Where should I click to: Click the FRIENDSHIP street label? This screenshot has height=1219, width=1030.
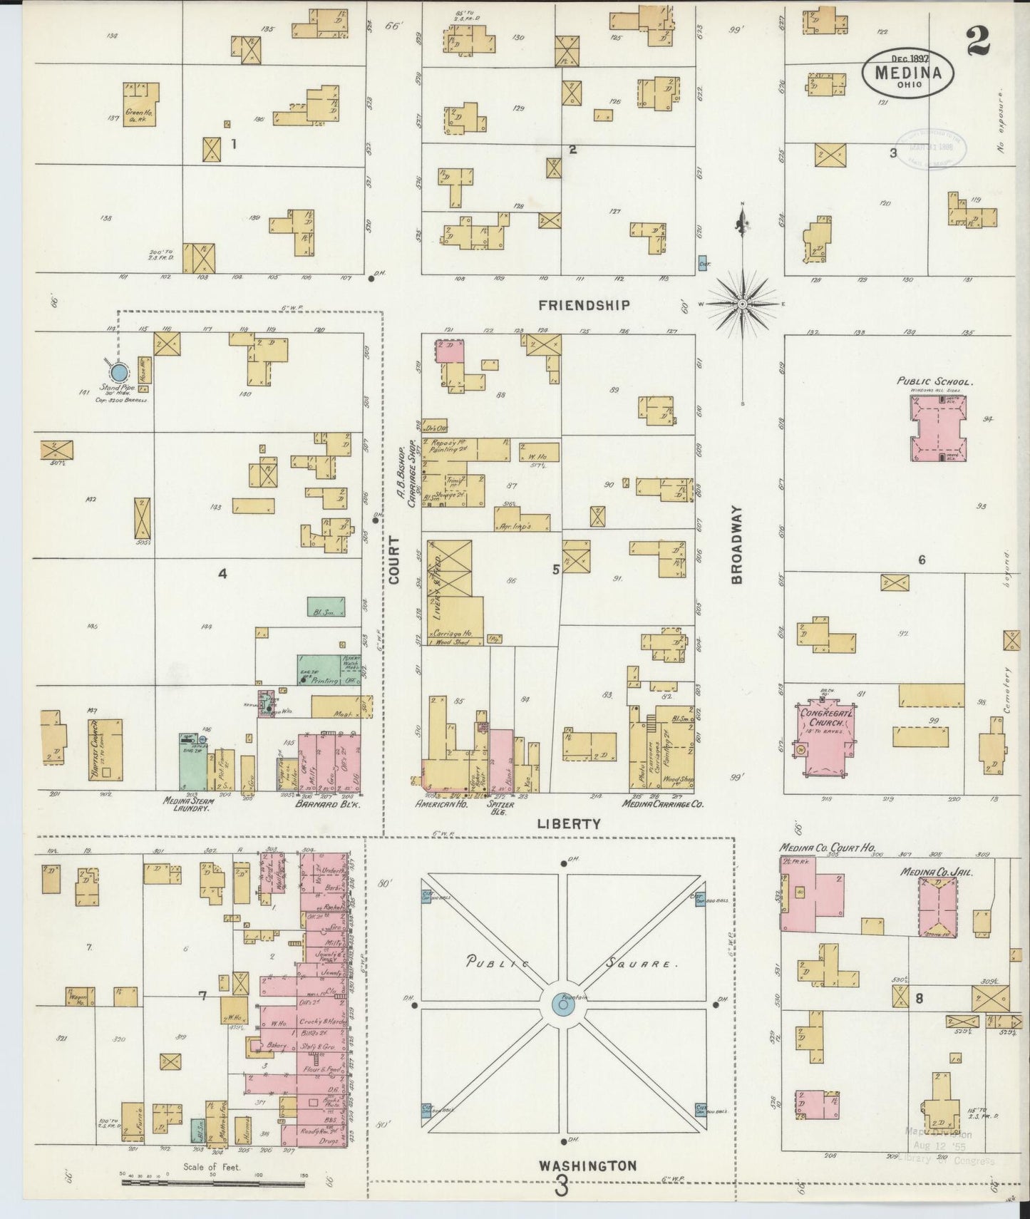click(584, 305)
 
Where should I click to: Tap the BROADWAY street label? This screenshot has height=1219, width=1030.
click(737, 545)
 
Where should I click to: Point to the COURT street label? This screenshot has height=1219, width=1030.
click(394, 560)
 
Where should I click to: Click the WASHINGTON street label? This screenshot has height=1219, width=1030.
click(587, 1166)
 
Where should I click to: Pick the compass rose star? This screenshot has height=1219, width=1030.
click(742, 304)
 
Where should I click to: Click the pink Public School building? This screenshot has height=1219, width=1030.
click(939, 428)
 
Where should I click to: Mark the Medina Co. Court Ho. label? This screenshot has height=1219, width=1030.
click(822, 848)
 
